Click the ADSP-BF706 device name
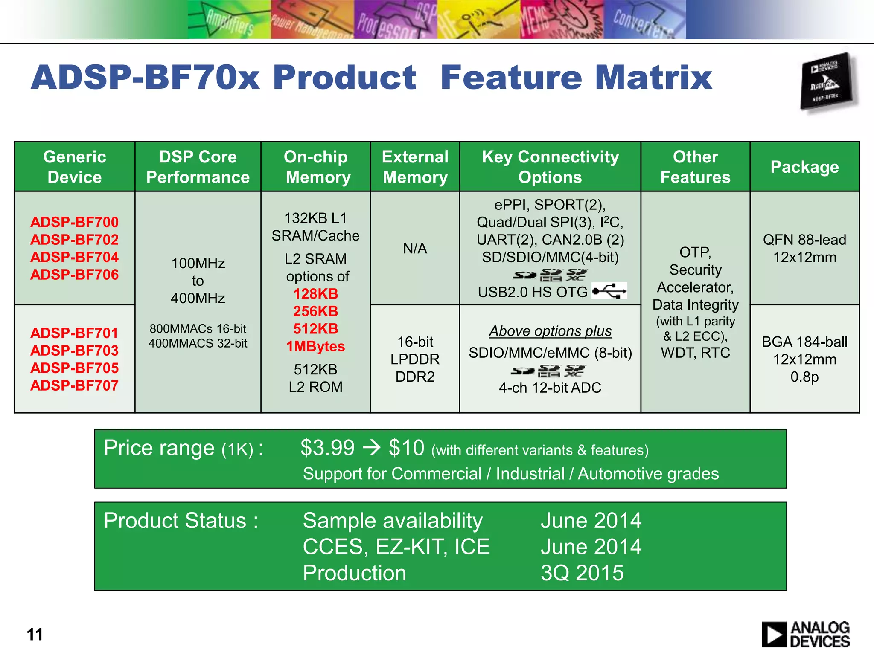[74, 275]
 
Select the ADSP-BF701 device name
[74, 333]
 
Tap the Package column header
[804, 167]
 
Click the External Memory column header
[415, 167]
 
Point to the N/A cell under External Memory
[415, 248]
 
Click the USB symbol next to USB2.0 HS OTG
[609, 291]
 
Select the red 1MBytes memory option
[315, 346]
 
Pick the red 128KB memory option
[315, 294]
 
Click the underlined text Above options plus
[550, 331]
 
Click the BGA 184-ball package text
[804, 342]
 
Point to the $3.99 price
[327, 448]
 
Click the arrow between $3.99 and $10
[371, 448]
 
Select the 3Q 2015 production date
[582, 573]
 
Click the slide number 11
[35, 635]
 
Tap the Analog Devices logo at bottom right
[806, 634]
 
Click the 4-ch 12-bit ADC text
[550, 388]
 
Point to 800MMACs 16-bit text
[198, 329]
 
